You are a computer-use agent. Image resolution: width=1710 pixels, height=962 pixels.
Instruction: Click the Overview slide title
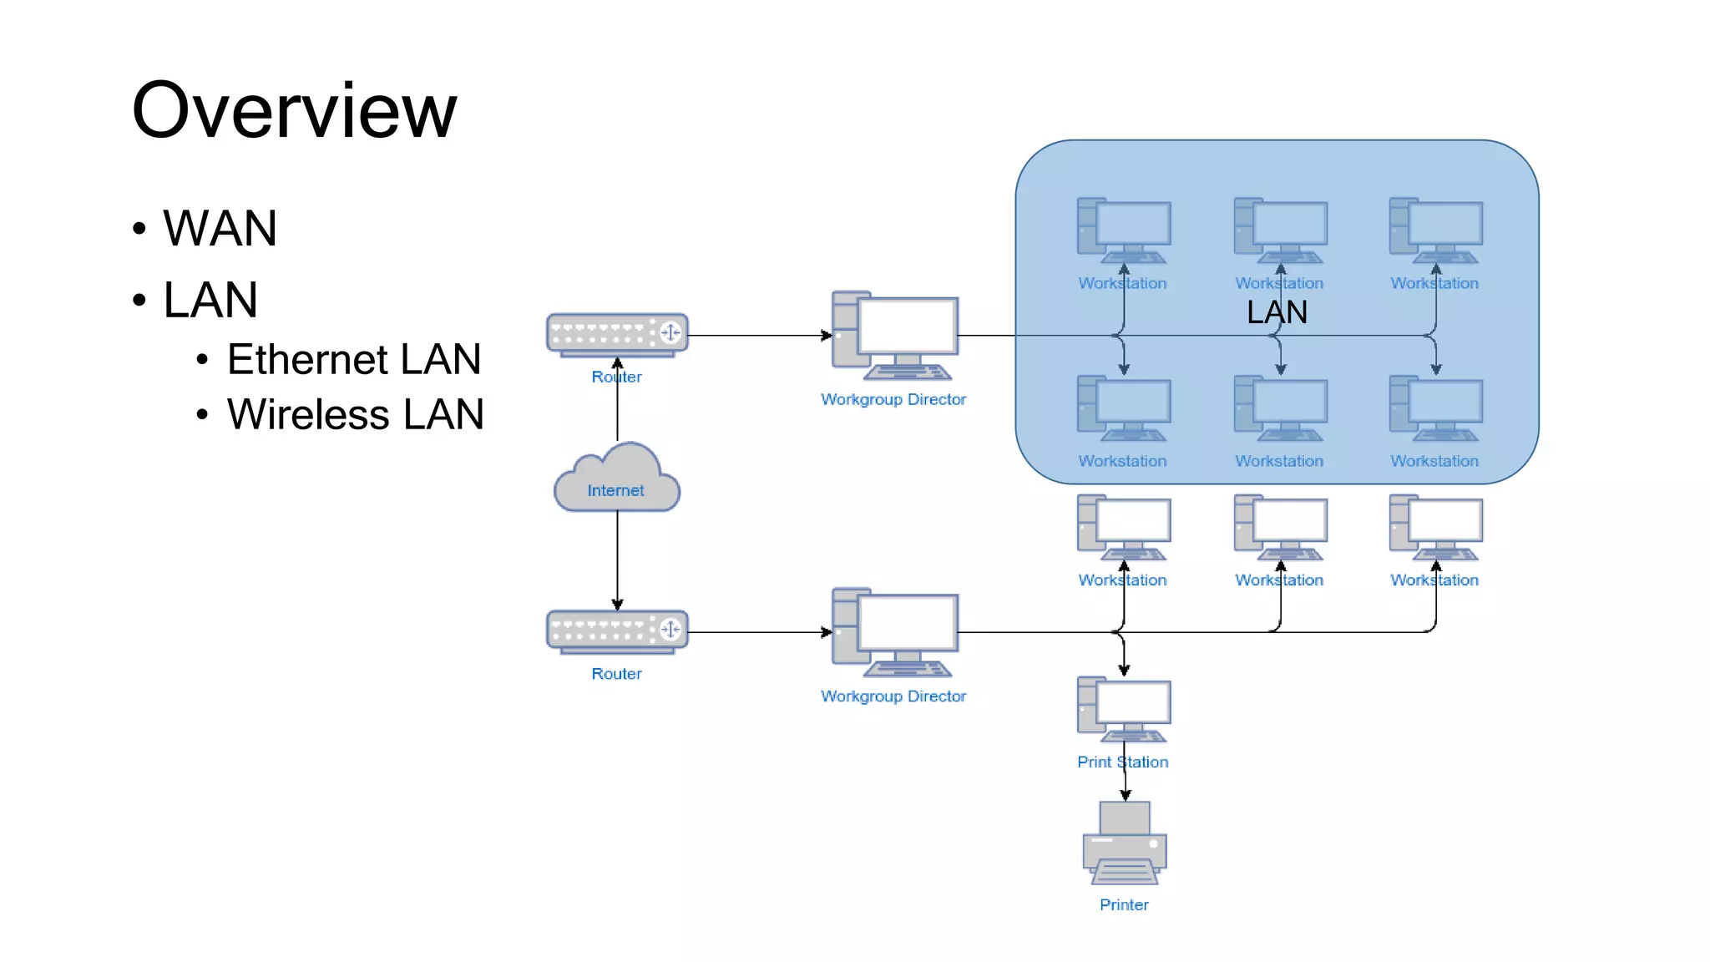click(294, 110)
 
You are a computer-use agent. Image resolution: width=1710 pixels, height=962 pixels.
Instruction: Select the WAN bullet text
click(220, 228)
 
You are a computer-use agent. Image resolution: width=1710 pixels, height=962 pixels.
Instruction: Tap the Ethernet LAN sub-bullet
click(354, 359)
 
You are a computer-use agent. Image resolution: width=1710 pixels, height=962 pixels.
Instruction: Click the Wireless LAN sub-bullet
click(356, 414)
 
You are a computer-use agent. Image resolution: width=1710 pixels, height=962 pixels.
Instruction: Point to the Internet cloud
click(617, 479)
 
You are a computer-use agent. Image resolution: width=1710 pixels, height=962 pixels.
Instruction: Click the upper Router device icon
click(617, 334)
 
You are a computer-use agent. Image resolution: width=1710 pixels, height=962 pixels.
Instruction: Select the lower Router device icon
click(617, 630)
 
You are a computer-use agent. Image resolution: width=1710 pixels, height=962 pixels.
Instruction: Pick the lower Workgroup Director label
click(893, 696)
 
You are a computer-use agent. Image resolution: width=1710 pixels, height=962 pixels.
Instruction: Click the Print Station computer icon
click(1124, 710)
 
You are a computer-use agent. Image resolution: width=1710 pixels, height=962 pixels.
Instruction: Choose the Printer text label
click(1124, 905)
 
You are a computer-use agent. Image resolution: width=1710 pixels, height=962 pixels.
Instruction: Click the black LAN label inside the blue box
click(1277, 312)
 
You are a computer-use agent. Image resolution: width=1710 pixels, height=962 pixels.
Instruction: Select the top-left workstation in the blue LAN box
click(1124, 230)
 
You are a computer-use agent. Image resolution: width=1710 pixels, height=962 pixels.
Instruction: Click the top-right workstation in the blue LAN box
click(1436, 230)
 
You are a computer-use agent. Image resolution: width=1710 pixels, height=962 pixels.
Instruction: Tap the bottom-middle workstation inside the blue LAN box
click(1280, 409)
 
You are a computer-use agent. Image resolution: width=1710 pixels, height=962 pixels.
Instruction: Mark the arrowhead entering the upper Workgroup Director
click(827, 336)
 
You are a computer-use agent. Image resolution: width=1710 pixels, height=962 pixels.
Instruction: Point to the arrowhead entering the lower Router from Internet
click(617, 604)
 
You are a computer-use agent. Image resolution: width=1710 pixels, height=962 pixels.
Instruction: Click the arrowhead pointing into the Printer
click(1126, 796)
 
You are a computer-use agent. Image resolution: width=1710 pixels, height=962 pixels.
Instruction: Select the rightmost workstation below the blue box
click(1436, 528)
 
